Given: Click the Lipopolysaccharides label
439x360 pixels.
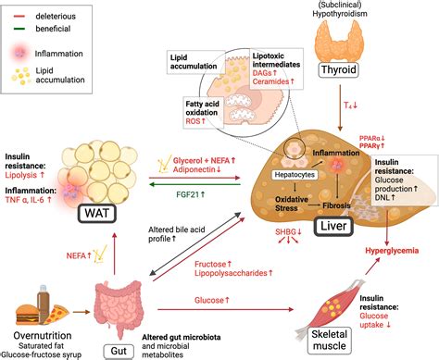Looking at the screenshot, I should tap(235, 274).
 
